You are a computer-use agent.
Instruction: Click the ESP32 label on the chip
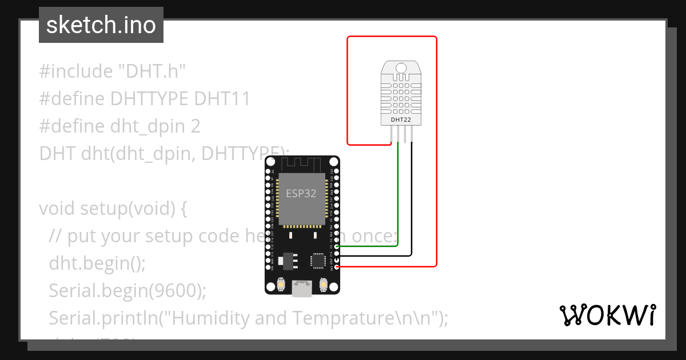(x=301, y=193)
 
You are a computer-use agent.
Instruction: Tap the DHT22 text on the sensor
(x=401, y=120)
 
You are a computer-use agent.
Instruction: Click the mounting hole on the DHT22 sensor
(x=401, y=69)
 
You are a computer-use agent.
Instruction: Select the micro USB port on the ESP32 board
(x=302, y=289)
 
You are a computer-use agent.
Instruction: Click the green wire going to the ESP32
(x=397, y=194)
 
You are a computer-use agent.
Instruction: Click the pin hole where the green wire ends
(x=337, y=246)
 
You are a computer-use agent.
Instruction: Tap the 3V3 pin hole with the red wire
(x=337, y=266)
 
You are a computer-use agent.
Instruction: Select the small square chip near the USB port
(x=316, y=260)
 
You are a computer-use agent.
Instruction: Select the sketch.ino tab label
(x=101, y=25)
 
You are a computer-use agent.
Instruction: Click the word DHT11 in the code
(x=222, y=99)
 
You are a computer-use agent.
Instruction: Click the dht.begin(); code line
(x=97, y=263)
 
